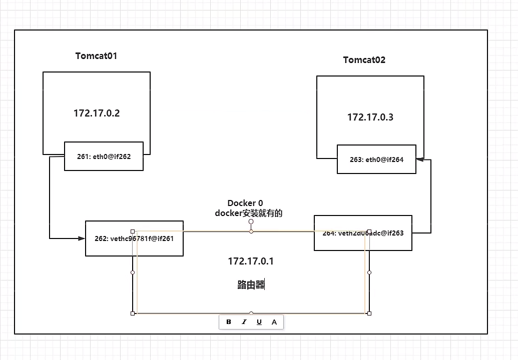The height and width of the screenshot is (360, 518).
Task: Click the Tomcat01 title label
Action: click(96, 56)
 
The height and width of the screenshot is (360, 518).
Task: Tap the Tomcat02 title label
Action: click(364, 60)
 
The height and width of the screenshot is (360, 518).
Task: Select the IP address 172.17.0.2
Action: click(97, 113)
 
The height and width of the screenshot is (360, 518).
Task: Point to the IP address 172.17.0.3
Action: click(370, 117)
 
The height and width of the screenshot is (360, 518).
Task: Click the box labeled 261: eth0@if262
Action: click(104, 156)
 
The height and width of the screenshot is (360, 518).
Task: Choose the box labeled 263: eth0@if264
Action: click(376, 159)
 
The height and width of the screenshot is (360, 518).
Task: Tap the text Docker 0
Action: click(245, 203)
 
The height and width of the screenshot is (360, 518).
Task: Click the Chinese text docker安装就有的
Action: click(249, 213)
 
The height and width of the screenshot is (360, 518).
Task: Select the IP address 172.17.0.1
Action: click(251, 261)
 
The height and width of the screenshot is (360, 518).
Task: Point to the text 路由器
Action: click(250, 285)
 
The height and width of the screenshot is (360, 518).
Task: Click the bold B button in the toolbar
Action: click(229, 321)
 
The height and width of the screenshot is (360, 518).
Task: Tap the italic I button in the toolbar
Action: click(244, 321)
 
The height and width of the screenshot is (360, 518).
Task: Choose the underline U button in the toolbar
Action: click(259, 321)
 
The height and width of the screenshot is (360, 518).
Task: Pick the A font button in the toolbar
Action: click(274, 321)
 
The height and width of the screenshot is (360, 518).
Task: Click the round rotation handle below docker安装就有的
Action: click(251, 221)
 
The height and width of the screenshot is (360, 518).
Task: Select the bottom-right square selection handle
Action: click(369, 313)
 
